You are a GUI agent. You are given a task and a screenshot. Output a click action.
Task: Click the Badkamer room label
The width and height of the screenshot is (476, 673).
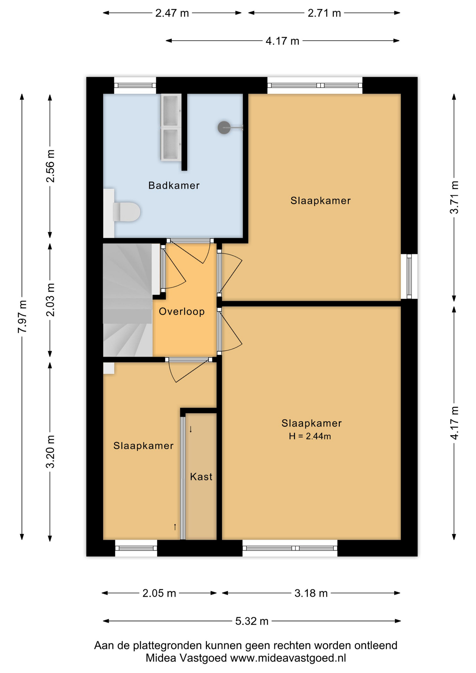(x=174, y=185)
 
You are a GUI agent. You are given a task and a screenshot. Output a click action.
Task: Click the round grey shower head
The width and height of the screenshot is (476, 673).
(x=224, y=128)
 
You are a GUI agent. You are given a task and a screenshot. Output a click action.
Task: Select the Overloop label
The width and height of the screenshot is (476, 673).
(x=182, y=311)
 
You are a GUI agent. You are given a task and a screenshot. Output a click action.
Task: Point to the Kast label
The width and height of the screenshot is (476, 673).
(x=201, y=477)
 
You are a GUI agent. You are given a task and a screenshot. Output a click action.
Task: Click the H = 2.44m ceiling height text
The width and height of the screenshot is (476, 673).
(x=310, y=436)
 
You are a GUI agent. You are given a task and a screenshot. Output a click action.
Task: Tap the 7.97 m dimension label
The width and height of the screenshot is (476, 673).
(x=22, y=317)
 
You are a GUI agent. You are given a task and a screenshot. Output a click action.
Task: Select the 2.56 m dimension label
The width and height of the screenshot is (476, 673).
(x=50, y=166)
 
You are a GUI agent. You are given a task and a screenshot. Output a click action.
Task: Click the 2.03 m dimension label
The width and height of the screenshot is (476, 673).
(x=50, y=300)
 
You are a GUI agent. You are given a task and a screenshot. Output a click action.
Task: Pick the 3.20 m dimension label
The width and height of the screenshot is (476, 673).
(x=50, y=451)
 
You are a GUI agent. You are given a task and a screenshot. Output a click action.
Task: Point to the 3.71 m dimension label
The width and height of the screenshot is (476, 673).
(x=454, y=197)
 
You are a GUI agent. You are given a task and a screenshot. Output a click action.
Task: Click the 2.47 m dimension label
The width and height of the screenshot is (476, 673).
(x=172, y=13)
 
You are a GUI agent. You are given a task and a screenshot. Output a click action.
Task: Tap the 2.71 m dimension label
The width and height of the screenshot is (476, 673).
(x=324, y=13)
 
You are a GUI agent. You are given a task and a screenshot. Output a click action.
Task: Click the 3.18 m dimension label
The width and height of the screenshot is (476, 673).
(x=311, y=593)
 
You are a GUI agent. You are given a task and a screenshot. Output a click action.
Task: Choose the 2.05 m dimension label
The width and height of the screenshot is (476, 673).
(x=159, y=593)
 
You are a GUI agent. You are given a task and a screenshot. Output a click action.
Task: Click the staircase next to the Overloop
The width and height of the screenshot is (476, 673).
(x=128, y=300)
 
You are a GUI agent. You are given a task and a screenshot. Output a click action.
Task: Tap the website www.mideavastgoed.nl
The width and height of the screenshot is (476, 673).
(x=288, y=658)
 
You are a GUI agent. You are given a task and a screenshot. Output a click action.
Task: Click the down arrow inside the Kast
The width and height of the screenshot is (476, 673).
(x=191, y=429)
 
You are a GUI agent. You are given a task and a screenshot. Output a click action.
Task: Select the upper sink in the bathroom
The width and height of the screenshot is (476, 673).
(x=171, y=110)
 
